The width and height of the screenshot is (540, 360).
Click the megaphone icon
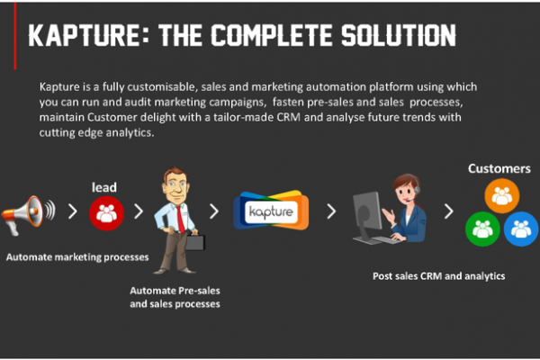pos(28,215)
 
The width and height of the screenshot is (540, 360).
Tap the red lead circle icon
pos(106,213)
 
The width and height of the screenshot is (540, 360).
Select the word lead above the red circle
pos(104,187)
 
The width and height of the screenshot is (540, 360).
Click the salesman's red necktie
pos(180,219)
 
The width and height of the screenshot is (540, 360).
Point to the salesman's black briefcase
pos(195,241)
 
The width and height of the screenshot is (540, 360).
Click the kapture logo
pos(272,211)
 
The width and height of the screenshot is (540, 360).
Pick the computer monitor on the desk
pos(366,216)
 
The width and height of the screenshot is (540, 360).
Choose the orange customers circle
pos(502,195)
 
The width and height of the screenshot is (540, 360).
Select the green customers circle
pos(482,229)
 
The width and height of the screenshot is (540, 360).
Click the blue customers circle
pos(521,229)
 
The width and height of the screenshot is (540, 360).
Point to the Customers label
pos(499,168)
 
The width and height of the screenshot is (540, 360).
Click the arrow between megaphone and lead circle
pos(73,211)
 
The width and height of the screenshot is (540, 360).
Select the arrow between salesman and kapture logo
pos(214,211)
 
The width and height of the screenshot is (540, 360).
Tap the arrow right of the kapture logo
pos(331,211)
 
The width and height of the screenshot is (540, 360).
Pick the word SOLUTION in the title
pos(399,35)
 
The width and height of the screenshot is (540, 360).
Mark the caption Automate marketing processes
pos(77,257)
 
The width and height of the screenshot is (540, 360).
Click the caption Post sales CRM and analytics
pos(439,276)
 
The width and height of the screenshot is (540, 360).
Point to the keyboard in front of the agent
pos(385,239)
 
